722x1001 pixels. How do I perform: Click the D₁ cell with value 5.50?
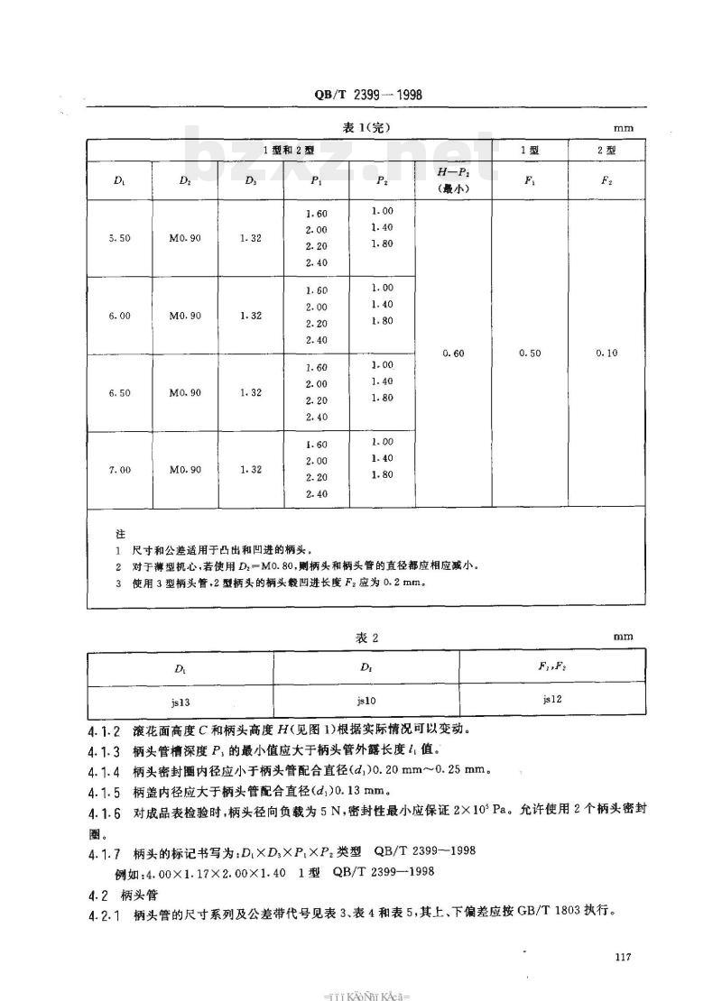click(x=119, y=239)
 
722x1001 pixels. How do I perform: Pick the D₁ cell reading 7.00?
click(x=119, y=470)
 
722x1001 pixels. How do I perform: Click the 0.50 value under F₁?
click(x=530, y=354)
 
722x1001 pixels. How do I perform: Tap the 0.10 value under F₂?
click(x=607, y=354)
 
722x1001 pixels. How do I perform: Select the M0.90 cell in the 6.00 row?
click(x=185, y=316)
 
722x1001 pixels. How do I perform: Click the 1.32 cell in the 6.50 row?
click(x=251, y=392)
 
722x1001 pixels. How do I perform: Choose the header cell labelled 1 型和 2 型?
click(x=288, y=149)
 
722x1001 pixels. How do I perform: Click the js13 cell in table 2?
click(x=180, y=699)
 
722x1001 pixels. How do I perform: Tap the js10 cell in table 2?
click(x=366, y=699)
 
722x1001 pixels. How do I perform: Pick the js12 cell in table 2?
click(x=552, y=698)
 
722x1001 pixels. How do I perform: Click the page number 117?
click(x=620, y=957)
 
